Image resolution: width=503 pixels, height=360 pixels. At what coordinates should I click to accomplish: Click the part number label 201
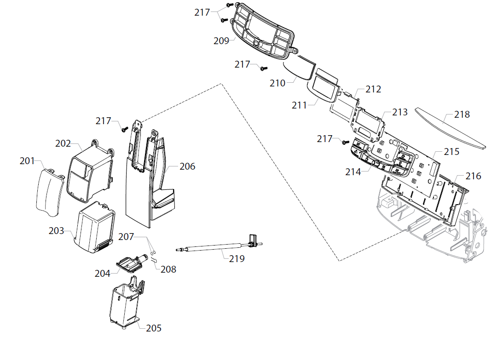click(x=27, y=161)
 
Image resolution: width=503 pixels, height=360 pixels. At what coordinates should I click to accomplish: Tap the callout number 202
click(x=63, y=143)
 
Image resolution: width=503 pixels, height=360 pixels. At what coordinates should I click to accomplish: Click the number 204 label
click(x=103, y=274)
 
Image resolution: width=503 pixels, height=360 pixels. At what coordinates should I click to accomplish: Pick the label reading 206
click(x=187, y=166)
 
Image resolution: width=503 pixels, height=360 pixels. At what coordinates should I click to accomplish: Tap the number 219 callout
click(x=237, y=259)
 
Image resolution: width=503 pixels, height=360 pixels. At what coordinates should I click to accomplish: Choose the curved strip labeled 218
click(x=449, y=129)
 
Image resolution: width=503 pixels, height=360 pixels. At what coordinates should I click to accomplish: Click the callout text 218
click(x=462, y=114)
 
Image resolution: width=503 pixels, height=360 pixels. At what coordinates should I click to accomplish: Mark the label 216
click(x=473, y=176)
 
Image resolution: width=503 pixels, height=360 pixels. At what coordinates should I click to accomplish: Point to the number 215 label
click(x=451, y=152)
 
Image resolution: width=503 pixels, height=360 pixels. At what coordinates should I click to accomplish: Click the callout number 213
click(x=400, y=112)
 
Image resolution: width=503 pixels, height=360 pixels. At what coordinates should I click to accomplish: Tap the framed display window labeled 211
click(x=325, y=87)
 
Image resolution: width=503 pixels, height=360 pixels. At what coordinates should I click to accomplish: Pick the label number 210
click(x=278, y=83)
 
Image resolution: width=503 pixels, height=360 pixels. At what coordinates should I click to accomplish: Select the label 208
click(x=168, y=269)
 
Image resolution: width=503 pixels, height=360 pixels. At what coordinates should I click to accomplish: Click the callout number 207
click(x=126, y=237)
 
